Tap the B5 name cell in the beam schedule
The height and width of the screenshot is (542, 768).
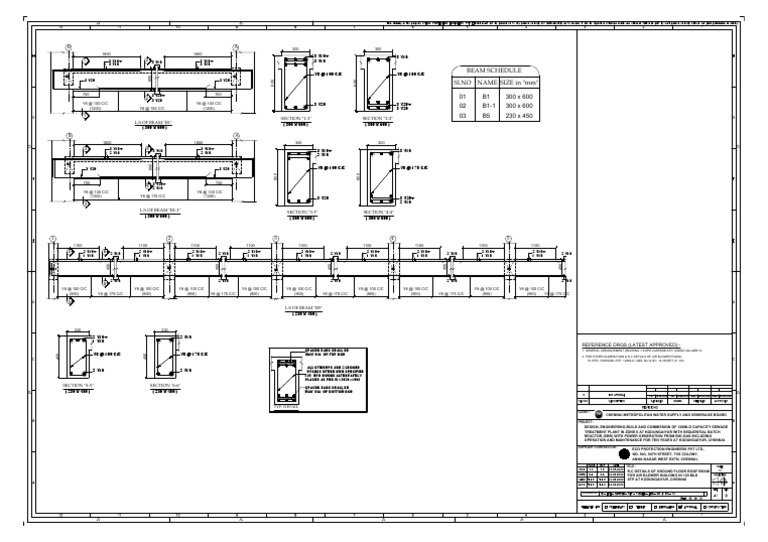488,115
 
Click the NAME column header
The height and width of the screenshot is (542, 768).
488,82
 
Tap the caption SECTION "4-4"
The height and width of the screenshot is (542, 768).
376,211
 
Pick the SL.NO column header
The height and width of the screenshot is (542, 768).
463,82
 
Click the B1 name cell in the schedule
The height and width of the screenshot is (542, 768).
488,94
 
